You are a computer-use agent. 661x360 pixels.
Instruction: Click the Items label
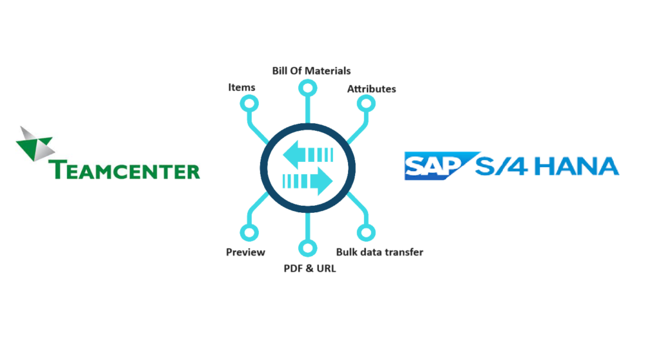(x=242, y=87)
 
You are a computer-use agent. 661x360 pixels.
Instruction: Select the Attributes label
(x=371, y=88)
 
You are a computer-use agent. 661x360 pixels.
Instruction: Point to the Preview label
(x=245, y=252)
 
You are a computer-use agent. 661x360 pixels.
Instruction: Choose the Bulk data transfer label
(x=380, y=252)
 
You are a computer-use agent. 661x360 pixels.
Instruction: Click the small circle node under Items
(x=249, y=103)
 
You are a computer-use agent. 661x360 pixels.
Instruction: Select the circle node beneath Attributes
(x=365, y=103)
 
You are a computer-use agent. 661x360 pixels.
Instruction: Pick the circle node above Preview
(x=249, y=233)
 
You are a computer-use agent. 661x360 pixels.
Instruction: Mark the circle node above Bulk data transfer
(x=365, y=233)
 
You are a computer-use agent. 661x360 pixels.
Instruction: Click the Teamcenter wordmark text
(x=125, y=170)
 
